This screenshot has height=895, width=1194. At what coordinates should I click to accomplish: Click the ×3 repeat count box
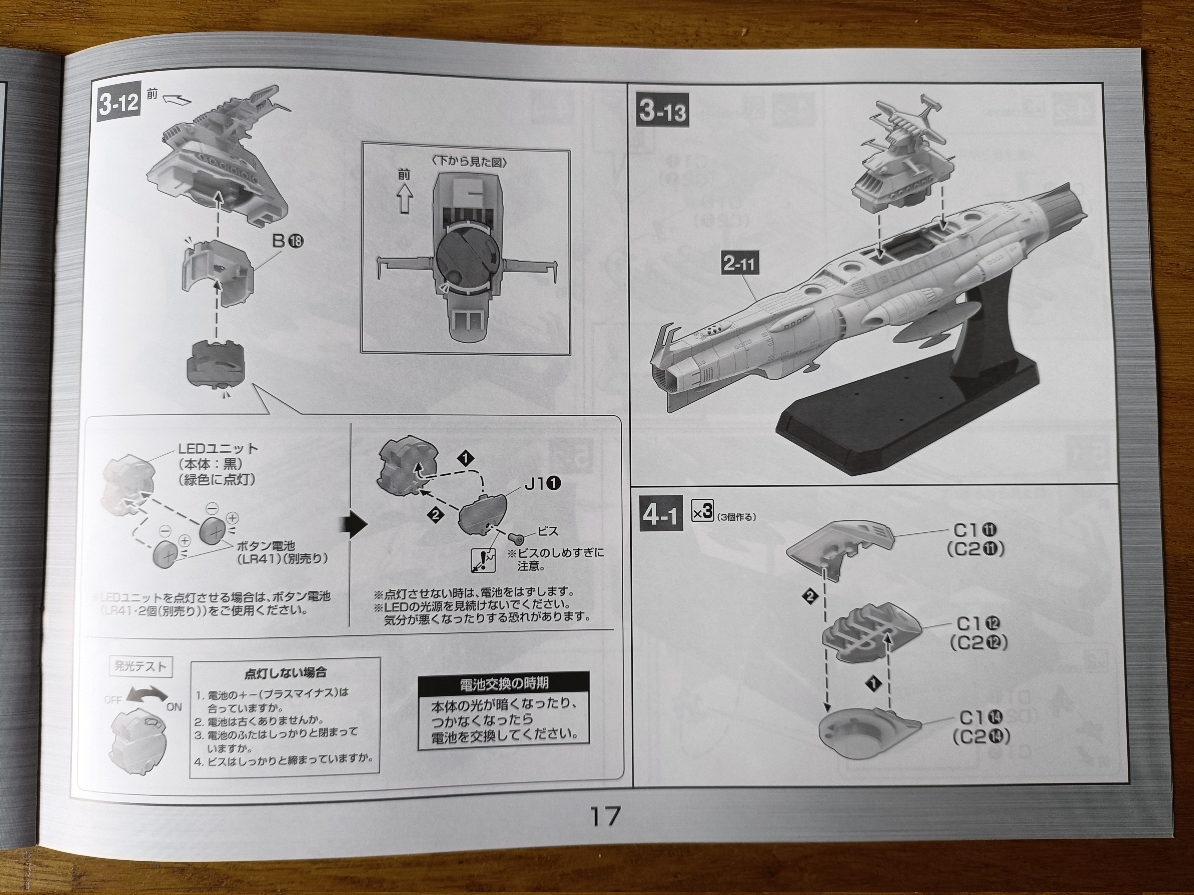pos(703,512)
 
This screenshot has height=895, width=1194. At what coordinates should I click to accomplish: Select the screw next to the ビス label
pos(517,538)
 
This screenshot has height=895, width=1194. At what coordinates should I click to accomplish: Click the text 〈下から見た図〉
pos(469,162)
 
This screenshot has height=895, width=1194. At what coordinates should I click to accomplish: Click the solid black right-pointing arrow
pos(354,525)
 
